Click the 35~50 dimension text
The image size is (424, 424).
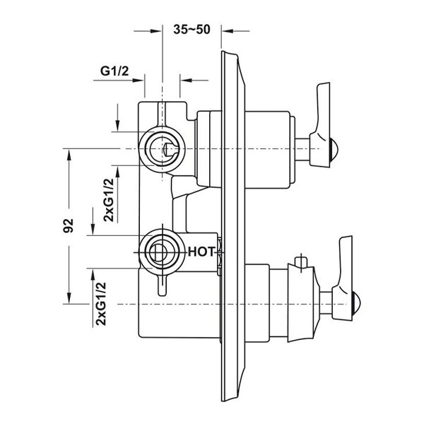[192, 30]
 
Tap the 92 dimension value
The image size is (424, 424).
[69, 226]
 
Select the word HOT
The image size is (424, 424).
[201, 252]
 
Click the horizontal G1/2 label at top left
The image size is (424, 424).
[114, 71]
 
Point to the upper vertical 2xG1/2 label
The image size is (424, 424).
[109, 200]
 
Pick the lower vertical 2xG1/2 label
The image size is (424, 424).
[101, 304]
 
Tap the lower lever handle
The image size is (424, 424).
[342, 278]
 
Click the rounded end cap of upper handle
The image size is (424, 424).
[334, 148]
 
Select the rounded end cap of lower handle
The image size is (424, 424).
[356, 304]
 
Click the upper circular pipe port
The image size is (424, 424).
[162, 148]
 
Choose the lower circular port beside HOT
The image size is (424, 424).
[162, 252]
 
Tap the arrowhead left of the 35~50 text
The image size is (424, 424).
[156, 31]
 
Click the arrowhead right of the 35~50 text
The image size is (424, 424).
[227, 31]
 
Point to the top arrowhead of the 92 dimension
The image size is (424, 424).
[69, 155]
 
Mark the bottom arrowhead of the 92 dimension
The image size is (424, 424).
[69, 298]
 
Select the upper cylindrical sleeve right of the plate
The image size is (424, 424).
[267, 150]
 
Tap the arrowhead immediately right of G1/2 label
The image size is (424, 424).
[138, 81]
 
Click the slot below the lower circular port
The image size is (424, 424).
[163, 285]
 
